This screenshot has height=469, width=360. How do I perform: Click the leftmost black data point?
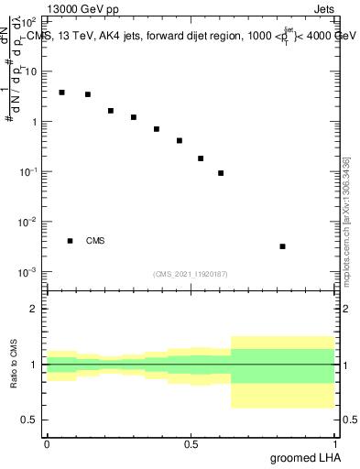(x=61, y=93)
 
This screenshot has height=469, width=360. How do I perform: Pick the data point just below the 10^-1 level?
(x=221, y=173)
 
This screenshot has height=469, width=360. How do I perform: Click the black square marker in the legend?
(x=70, y=241)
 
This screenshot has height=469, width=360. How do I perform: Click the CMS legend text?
(x=95, y=241)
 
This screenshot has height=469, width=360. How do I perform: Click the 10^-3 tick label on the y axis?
(x=29, y=272)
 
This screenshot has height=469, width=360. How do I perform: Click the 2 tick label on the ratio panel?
(x=34, y=309)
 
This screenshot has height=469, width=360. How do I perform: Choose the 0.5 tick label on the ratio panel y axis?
(x=30, y=420)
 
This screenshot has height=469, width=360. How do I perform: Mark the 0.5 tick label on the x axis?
(x=191, y=443)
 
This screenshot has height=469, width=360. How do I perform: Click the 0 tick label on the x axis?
(x=47, y=443)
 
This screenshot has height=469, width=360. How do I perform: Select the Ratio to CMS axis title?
(x=14, y=364)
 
